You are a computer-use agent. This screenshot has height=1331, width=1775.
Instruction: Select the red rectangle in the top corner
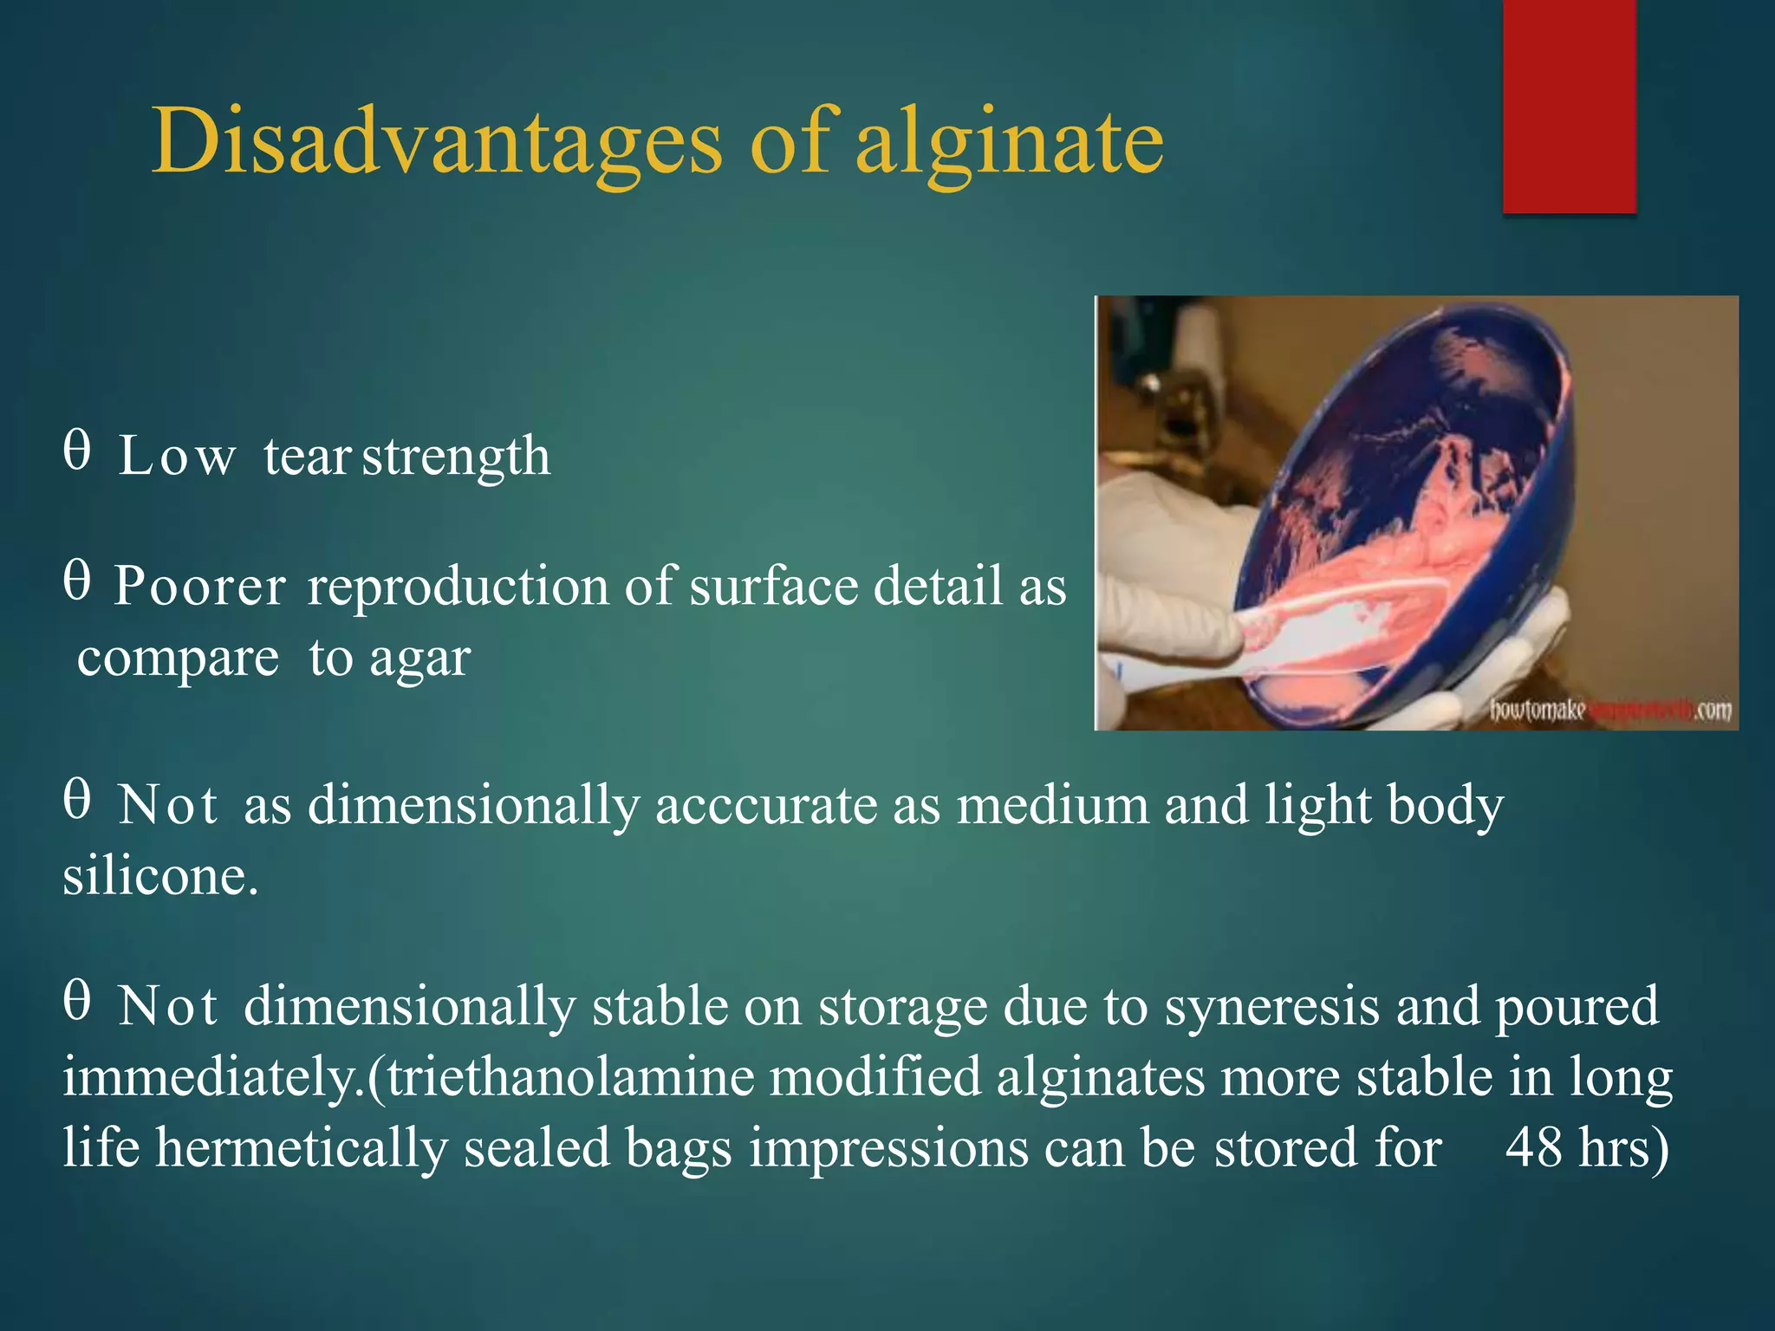click(x=1569, y=106)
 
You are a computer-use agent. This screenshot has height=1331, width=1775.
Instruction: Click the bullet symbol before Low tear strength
click(x=76, y=451)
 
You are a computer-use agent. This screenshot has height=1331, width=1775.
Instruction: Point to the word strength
click(x=456, y=457)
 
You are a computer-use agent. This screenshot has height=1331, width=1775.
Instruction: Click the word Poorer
click(x=200, y=587)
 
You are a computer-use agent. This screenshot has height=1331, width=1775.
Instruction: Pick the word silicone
click(x=159, y=876)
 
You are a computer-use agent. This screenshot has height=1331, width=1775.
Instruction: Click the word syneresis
click(x=1271, y=1008)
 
